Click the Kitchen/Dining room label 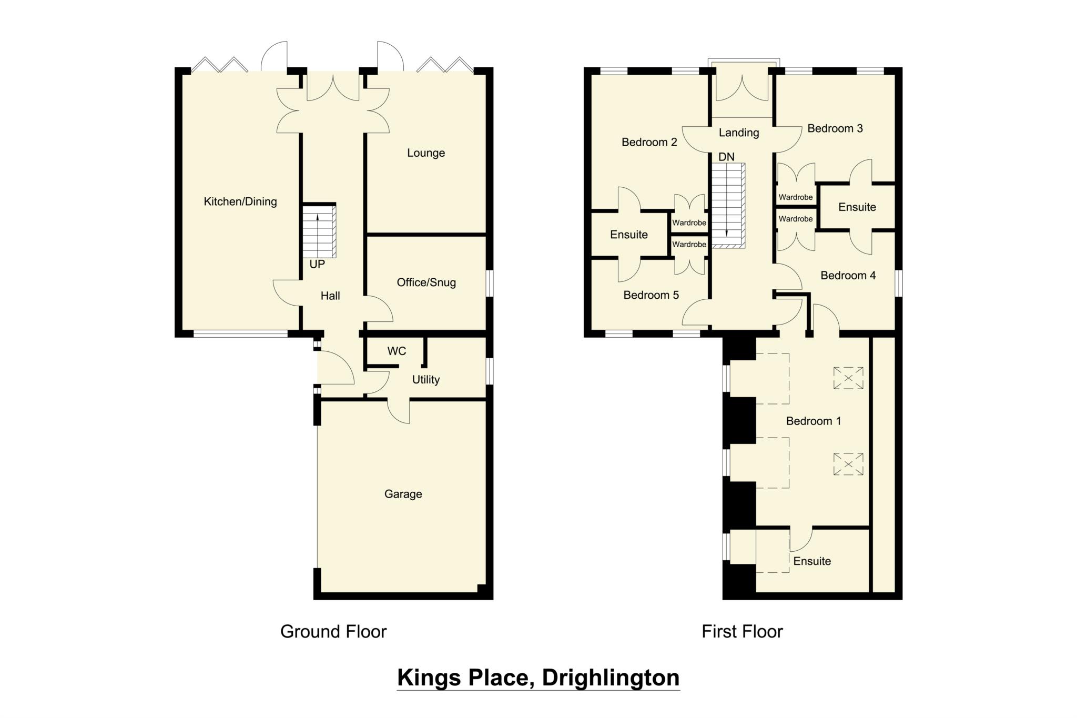coord(240,201)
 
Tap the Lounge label coord(426,153)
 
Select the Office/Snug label coord(426,282)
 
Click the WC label coord(397,351)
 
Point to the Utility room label coord(425,380)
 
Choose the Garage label coord(403,494)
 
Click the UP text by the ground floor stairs coord(317,265)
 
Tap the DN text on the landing coord(726,157)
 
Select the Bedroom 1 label coord(813,421)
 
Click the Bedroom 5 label coord(651,295)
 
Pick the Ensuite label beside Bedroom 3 coord(857,207)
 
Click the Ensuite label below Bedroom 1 coord(812,561)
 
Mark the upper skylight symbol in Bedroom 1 coord(848,378)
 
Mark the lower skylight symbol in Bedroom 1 coord(848,464)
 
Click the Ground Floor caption coord(333,631)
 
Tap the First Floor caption coord(742,631)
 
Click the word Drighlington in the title coord(611,677)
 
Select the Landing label coord(738,133)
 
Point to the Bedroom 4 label coord(848,276)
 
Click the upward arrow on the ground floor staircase coord(317,221)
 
